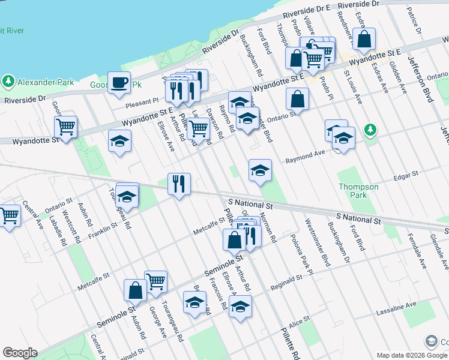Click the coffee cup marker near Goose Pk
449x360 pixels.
point(119,82)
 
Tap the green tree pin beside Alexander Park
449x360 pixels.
point(8,80)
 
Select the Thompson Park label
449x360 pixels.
point(358,191)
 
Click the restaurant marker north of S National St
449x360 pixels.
point(179,184)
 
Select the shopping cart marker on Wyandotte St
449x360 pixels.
point(65,127)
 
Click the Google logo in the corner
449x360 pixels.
point(20,353)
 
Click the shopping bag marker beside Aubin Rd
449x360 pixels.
point(135,290)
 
